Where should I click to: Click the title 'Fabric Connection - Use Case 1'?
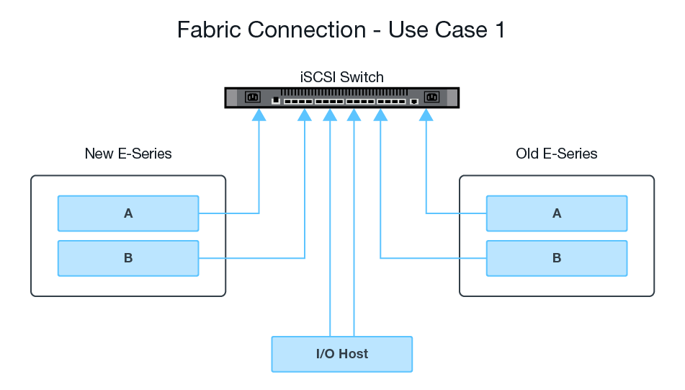(x=341, y=30)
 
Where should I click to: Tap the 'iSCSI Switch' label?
(x=341, y=77)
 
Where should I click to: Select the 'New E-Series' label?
(x=128, y=154)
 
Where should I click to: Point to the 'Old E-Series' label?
(x=556, y=154)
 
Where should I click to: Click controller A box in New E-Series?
(x=128, y=213)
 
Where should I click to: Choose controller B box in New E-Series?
(x=128, y=258)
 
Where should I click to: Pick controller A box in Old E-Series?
(x=556, y=213)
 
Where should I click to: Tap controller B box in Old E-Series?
(x=556, y=258)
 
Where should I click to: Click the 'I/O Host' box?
(x=341, y=354)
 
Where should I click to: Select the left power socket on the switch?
(x=252, y=97)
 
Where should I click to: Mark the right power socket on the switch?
(x=432, y=97)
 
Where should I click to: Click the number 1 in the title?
(x=500, y=30)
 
